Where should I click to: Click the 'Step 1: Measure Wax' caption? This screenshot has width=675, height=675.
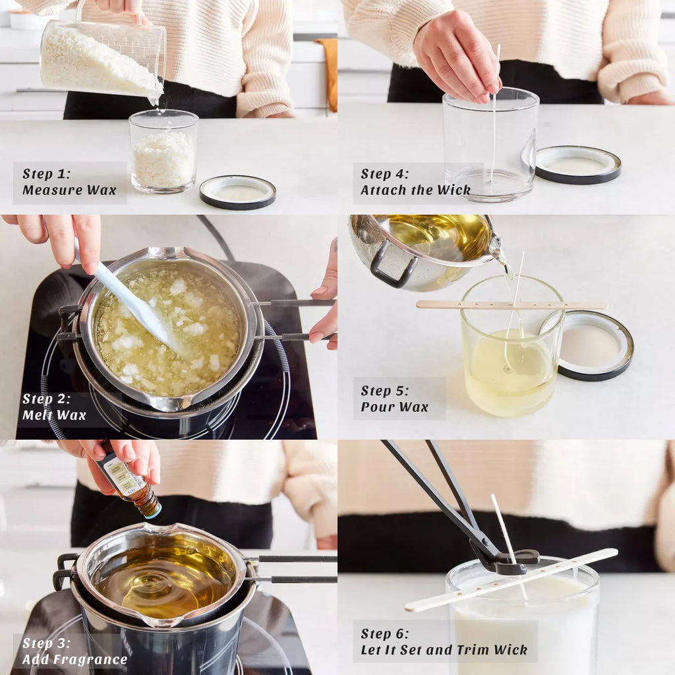click(69, 182)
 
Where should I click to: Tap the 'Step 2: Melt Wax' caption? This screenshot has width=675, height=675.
click(54, 407)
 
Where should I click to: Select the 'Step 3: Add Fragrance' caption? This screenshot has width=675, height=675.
click(74, 651)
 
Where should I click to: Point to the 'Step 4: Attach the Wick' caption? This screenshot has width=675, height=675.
click(415, 182)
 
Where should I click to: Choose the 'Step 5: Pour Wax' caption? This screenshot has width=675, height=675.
click(394, 399)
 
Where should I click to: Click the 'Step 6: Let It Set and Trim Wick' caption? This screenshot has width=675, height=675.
click(444, 641)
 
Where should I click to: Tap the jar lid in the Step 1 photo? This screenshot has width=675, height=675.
click(237, 192)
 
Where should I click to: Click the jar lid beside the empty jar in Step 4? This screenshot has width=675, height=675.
click(578, 165)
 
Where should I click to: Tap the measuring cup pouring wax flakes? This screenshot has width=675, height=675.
click(103, 58)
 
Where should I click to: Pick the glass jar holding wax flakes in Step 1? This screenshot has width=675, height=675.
click(163, 152)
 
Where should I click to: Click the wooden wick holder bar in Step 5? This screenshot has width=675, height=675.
click(512, 305)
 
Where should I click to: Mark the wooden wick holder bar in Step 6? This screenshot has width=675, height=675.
click(512, 579)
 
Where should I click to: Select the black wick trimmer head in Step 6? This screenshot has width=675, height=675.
click(508, 560)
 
